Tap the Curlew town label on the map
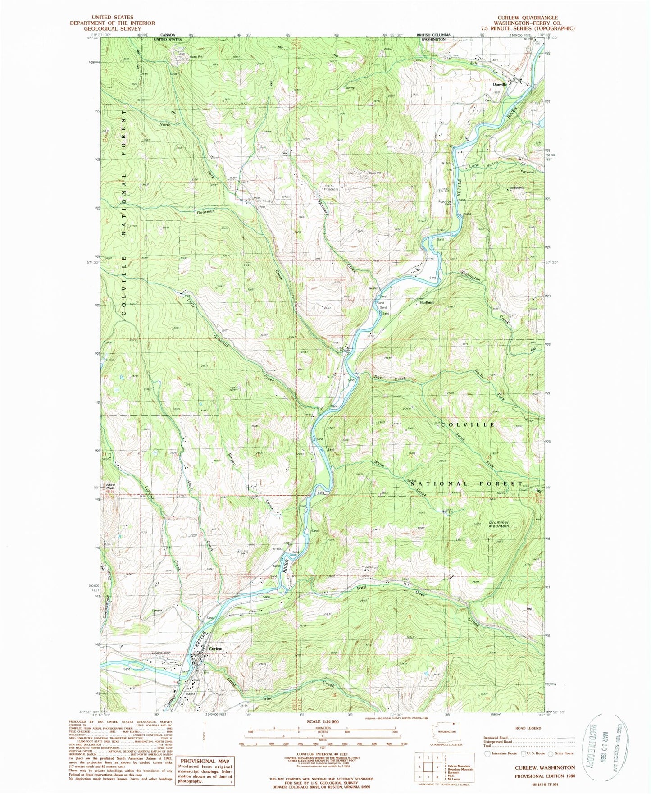[x=215, y=648]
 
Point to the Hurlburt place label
[x=427, y=302]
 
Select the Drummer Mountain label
[x=499, y=524]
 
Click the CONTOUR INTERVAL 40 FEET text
[x=322, y=753]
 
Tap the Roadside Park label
[x=445, y=202]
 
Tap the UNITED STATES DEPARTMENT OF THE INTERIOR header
[x=113, y=23]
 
